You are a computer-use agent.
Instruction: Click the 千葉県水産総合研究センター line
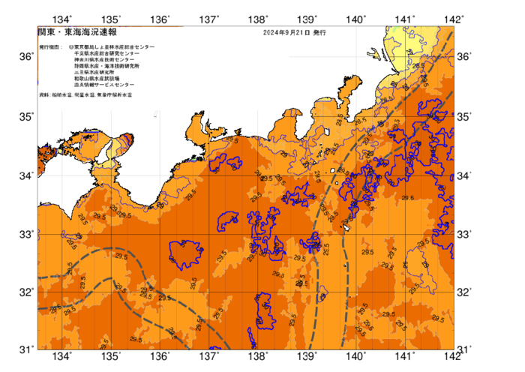click(x=107, y=54)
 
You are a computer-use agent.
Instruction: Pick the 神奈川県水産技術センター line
click(x=104, y=61)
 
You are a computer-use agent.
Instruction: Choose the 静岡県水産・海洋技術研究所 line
click(x=109, y=67)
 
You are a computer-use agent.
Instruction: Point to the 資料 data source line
click(x=82, y=97)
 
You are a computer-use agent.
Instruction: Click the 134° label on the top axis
click(x=63, y=19)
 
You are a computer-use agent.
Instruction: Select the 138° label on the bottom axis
click(x=259, y=355)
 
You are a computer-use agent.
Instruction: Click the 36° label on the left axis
click(x=25, y=57)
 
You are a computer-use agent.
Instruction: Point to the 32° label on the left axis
click(x=25, y=292)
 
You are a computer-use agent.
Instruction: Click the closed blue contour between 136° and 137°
click(x=184, y=255)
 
